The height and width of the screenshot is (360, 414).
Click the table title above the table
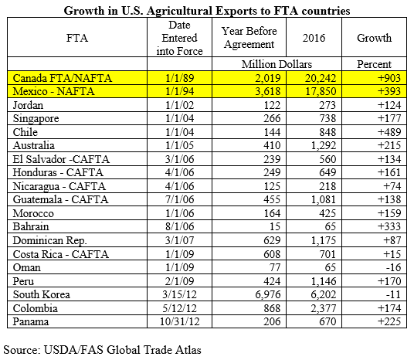207,11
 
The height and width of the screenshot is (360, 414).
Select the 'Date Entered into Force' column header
179,38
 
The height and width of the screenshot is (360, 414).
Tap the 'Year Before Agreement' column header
249,38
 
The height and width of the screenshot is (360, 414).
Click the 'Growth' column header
374,38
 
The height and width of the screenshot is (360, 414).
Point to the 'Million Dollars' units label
277,64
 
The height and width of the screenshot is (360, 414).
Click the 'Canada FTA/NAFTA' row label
63,78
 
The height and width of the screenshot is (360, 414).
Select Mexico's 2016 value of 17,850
321,91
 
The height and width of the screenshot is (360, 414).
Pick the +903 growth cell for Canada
389,78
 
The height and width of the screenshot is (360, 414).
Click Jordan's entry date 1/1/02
179,105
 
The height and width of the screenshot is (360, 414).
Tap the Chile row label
25,132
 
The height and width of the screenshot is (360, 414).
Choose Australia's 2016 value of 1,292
324,145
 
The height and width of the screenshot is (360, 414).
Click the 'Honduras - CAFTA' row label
58,172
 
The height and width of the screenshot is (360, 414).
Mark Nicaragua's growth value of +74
392,186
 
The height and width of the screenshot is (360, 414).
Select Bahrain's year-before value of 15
275,226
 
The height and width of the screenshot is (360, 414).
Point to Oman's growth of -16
393,267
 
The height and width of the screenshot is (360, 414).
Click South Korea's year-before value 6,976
268,294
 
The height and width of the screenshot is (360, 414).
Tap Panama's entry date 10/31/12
179,321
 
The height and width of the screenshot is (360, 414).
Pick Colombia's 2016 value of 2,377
324,308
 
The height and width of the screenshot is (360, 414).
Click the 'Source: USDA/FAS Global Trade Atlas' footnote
103,350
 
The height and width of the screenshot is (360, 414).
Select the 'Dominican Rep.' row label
50,240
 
